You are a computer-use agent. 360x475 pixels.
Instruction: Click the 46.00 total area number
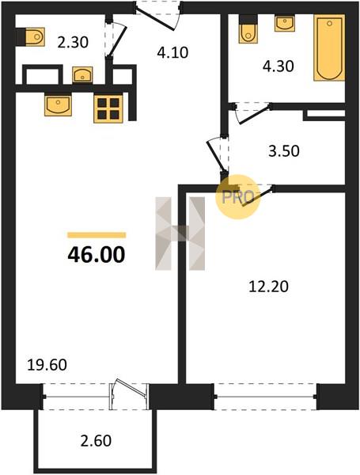point(97,254)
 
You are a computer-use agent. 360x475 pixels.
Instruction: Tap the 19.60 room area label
point(47,365)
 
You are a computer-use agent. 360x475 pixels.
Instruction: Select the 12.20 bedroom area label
point(268,287)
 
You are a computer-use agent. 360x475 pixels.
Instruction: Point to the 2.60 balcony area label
point(96,441)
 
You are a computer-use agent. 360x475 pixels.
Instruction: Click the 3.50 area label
point(284,151)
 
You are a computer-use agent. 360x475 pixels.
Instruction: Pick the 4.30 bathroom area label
point(278,66)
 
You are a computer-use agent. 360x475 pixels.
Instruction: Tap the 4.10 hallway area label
point(172,52)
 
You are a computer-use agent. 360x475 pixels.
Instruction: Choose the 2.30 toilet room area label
point(73,42)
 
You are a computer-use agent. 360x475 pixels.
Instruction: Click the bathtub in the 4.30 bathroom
point(329,47)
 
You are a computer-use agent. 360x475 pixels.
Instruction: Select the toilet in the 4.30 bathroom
point(248,29)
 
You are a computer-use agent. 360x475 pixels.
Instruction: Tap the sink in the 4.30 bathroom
point(284,24)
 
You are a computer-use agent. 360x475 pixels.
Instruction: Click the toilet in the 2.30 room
point(31,37)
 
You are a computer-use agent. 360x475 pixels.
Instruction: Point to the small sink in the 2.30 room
point(82,74)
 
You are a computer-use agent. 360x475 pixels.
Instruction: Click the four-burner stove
point(108,108)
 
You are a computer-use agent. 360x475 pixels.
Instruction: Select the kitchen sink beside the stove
point(59,104)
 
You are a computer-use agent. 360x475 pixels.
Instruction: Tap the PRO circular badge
point(237,197)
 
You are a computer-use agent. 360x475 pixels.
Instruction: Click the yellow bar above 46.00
point(97,235)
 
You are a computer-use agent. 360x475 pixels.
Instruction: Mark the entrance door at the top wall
point(157,15)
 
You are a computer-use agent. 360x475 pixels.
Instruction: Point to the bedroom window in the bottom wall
point(265,397)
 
